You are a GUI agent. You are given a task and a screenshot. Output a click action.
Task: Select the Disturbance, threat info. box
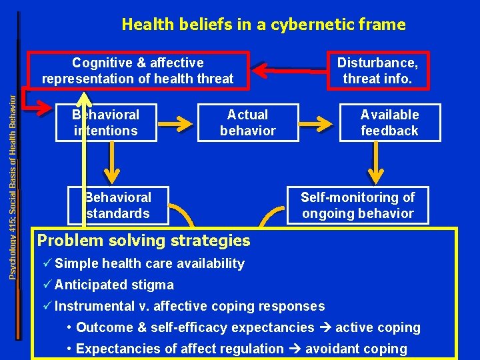click(377, 71)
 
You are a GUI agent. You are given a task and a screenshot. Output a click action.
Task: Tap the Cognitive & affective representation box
click(138, 71)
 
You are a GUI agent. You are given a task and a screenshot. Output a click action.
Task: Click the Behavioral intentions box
click(106, 123)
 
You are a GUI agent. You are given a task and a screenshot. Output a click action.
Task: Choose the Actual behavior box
click(247, 123)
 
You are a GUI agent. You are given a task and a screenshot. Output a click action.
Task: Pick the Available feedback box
click(390, 123)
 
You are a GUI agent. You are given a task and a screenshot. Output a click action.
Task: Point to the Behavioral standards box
click(118, 205)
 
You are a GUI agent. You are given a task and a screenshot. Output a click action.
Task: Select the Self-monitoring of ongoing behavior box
click(357, 205)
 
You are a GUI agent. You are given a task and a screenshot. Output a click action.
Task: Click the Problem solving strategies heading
click(144, 241)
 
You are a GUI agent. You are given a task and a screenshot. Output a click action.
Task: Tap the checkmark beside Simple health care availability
click(46, 263)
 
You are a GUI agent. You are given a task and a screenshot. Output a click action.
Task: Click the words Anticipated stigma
click(114, 285)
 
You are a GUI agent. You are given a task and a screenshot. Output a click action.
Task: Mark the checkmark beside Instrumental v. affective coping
click(46, 306)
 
